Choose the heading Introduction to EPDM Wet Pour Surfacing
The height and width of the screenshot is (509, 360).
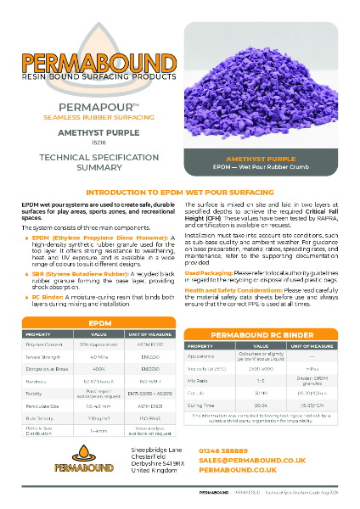(180, 193)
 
